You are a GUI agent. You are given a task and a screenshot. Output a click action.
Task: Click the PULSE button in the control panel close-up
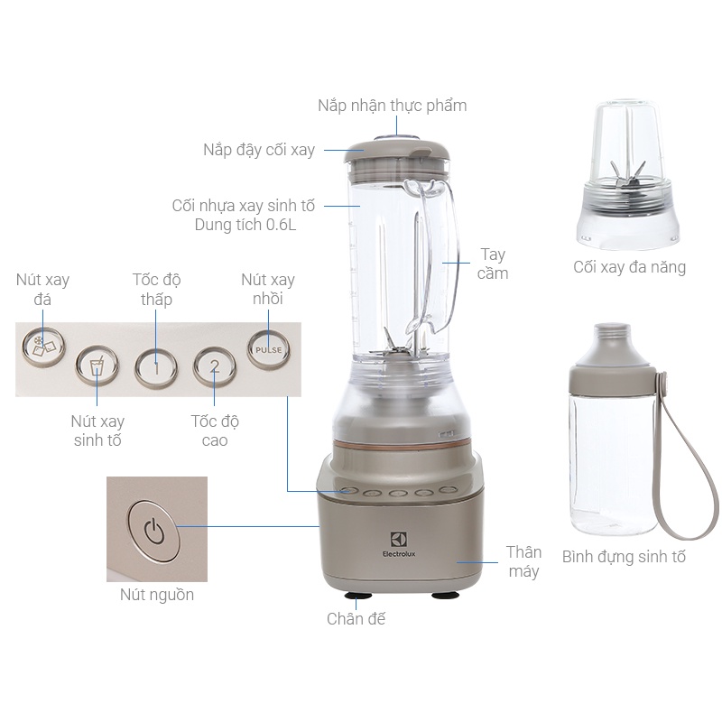click(x=269, y=349)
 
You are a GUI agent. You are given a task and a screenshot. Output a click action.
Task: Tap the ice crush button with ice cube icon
click(x=42, y=347)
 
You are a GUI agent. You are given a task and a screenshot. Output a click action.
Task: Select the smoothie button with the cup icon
click(x=97, y=366)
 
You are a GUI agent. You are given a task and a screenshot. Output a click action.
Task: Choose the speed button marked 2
click(x=215, y=366)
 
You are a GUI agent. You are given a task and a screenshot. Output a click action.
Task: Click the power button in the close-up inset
click(x=153, y=531)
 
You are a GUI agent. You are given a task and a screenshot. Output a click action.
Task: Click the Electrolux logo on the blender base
click(x=399, y=544)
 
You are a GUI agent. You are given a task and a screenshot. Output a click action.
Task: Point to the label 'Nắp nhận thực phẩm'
click(x=393, y=106)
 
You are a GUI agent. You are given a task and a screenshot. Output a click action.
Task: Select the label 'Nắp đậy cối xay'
click(x=259, y=150)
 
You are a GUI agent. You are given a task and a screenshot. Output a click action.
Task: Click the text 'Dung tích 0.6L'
click(x=245, y=225)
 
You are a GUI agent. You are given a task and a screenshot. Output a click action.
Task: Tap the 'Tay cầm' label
click(x=493, y=264)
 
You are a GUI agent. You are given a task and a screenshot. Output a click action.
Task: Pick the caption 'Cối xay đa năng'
click(x=629, y=267)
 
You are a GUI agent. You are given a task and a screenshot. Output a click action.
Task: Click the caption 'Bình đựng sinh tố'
click(x=624, y=557)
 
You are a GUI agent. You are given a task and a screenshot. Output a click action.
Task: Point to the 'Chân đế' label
click(x=356, y=618)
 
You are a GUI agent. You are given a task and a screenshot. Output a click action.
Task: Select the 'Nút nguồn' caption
click(x=157, y=595)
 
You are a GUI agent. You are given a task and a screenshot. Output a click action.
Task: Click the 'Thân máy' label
click(x=523, y=561)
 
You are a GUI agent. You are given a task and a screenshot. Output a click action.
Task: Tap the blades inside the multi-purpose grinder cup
click(x=628, y=177)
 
